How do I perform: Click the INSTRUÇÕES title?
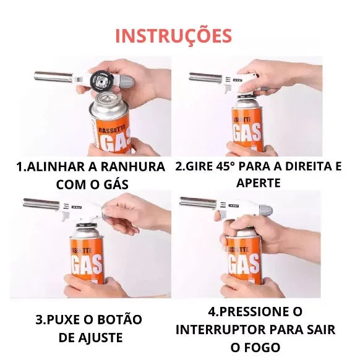[174, 35]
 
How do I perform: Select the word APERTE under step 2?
[258, 183]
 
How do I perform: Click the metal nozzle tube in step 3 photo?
[40, 202]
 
